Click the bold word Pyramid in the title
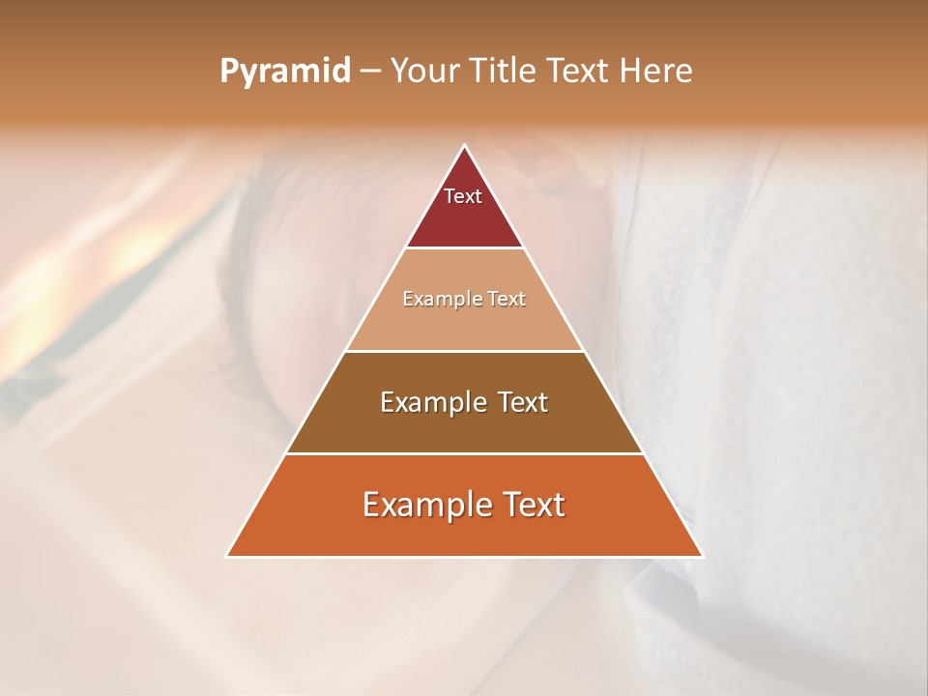[x=285, y=72]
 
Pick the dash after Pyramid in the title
[x=369, y=72]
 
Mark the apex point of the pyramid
[x=464, y=146]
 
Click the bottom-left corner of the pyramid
[x=227, y=556]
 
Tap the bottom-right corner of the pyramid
[x=702, y=556]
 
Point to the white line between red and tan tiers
[x=464, y=248]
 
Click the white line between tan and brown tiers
[x=464, y=351]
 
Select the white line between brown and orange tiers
[x=464, y=453]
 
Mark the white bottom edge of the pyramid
[x=464, y=557]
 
